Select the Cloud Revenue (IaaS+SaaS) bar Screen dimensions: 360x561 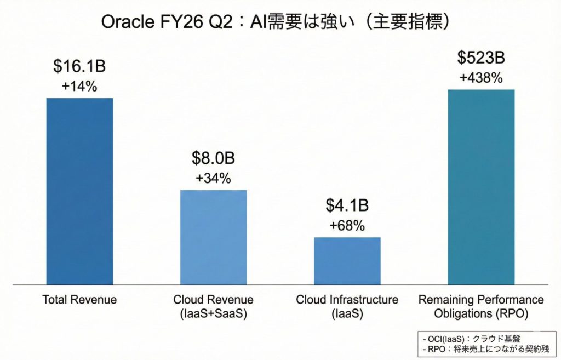click(214, 237)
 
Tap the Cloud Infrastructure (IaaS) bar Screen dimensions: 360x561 click(347, 260)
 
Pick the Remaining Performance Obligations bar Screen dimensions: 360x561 click(481, 186)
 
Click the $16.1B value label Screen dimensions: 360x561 click(79, 67)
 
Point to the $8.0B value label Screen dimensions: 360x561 click(214, 159)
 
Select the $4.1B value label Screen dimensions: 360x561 click(347, 206)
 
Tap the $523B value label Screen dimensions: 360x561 click(481, 58)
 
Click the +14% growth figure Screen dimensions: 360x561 click(79, 86)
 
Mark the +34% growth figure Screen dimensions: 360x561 click(214, 178)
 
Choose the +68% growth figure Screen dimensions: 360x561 click(347, 225)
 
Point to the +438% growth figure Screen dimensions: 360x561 click(481, 78)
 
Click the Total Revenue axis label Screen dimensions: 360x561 click(79, 300)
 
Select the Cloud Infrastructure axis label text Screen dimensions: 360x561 click(347, 300)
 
